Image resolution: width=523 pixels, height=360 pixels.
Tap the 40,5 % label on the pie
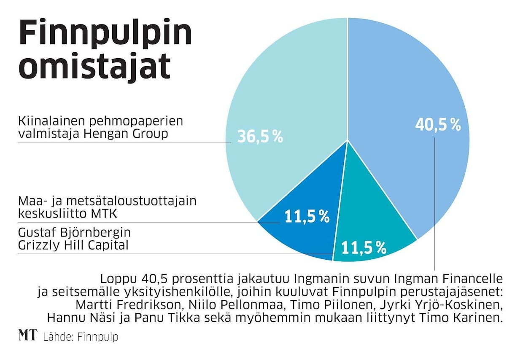tap(437, 124)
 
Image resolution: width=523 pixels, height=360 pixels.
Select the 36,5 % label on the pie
tap(259, 137)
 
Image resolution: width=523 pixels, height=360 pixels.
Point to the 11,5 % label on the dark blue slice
tap(306, 216)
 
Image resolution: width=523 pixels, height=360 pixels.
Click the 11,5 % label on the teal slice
tap(364, 248)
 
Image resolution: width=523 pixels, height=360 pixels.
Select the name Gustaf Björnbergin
tap(74, 233)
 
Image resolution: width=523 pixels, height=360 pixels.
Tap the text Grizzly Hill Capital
tap(73, 245)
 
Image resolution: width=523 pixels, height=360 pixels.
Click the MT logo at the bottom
tap(27, 336)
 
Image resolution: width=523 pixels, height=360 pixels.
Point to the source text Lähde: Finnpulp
tap(80, 337)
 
